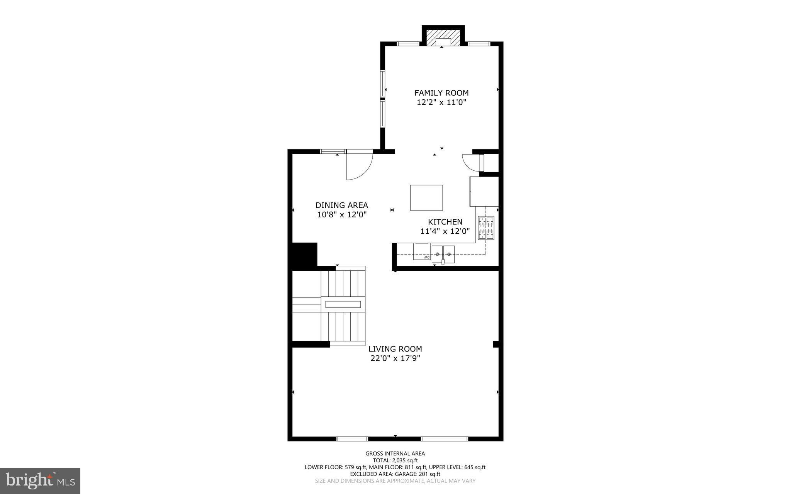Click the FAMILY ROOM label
441,93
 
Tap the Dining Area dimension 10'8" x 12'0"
341,215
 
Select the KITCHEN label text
445,222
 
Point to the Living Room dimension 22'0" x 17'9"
395,358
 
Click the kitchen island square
426,197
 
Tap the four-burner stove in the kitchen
486,228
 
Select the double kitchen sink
443,253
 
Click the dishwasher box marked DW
422,251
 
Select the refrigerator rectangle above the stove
484,191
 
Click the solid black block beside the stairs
304,256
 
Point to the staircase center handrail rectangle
343,304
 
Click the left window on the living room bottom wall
352,439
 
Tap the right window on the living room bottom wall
444,439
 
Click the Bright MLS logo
40,480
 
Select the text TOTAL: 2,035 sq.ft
395,460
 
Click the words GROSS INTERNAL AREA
395,453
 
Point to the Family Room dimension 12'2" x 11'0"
441,102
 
